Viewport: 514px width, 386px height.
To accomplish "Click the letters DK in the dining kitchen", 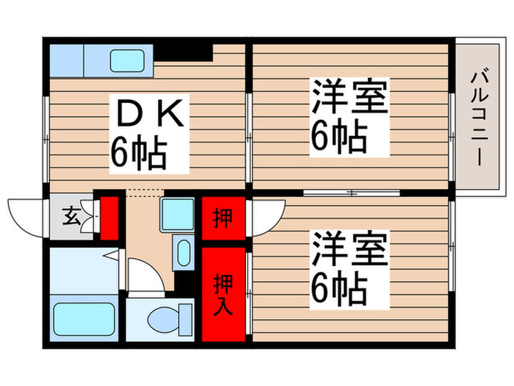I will coord(150,116).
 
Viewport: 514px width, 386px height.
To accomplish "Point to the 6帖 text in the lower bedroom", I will coord(338,287).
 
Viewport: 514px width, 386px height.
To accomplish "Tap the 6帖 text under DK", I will coord(139,152).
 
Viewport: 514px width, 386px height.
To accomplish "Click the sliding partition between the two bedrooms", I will coord(351,193).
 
